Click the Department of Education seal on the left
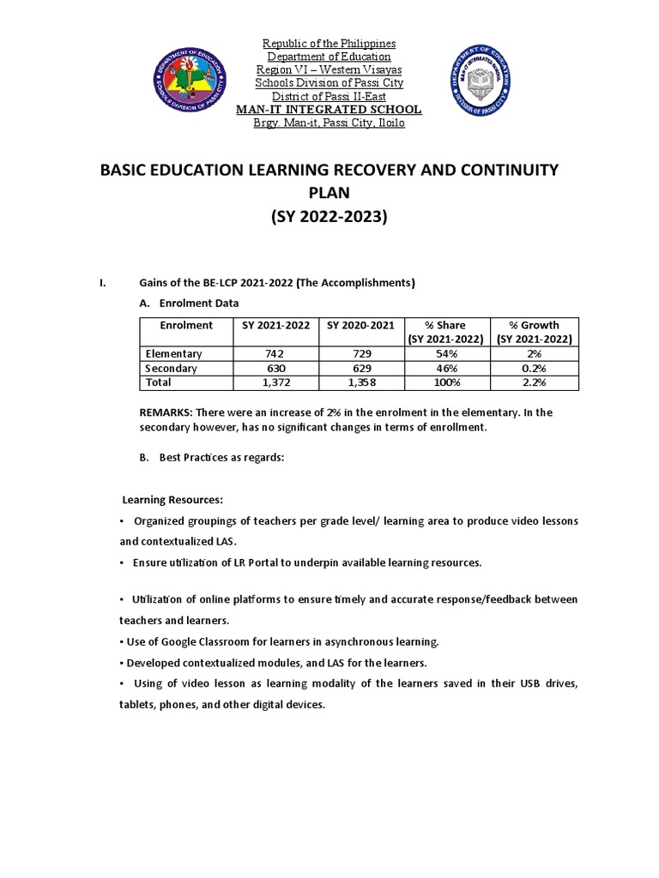coord(190,84)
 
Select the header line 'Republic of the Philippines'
coord(329,44)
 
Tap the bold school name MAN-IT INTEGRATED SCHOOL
coord(329,110)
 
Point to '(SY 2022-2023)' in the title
coord(329,217)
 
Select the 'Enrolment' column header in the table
coord(186,325)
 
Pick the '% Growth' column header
coord(534,325)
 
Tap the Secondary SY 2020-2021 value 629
coord(360,368)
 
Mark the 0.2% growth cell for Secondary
coord(534,368)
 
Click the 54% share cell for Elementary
coord(446,353)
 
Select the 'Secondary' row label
coord(172,368)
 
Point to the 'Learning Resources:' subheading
coord(172,499)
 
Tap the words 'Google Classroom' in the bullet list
coord(194,641)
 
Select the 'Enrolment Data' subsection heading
coord(199,303)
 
